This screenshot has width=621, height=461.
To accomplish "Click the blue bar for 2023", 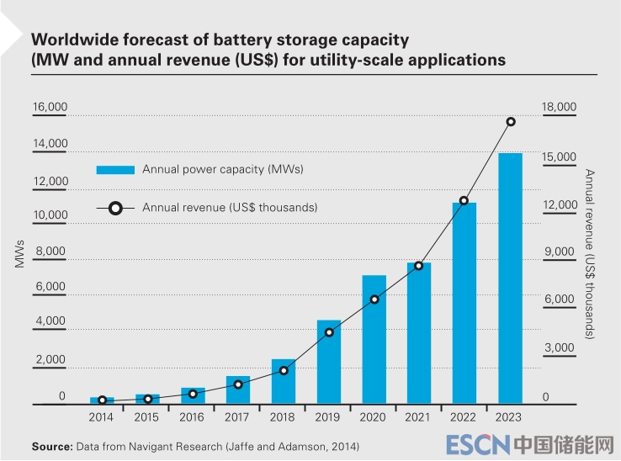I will coord(510,278).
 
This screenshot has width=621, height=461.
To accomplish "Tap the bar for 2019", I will coord(329,362).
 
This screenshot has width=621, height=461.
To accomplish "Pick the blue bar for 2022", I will coord(464,303).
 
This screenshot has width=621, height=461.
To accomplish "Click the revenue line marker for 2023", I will coord(511,122).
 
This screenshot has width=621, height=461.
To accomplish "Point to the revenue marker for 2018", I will coord(284,370).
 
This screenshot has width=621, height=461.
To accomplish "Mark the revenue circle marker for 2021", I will coord(419,266).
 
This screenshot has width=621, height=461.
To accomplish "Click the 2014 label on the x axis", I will coord(101,416).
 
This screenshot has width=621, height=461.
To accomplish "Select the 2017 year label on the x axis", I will coord(238,416).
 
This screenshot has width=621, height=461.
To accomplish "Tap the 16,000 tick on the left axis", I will coord(50,108).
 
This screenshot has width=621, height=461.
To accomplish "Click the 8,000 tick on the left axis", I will coord(50,252).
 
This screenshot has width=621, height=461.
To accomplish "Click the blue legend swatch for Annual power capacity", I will coord(114,170).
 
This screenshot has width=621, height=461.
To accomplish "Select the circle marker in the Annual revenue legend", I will coord(115,207).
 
